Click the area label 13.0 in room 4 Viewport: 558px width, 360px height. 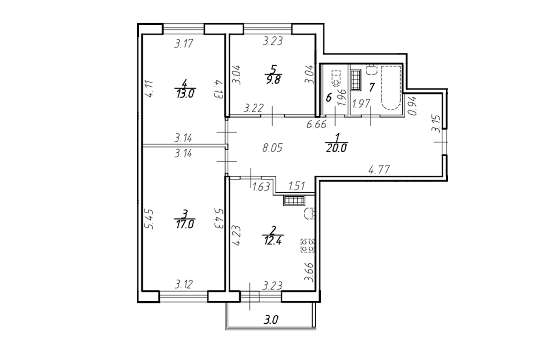pos(185,94)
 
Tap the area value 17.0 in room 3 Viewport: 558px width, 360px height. pos(185,225)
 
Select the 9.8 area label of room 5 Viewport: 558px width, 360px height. pos(273,80)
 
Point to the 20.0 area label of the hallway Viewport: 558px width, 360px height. pos(336,148)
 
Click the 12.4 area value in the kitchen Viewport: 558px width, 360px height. pos(273,241)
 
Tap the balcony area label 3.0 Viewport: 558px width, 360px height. pos(271,320)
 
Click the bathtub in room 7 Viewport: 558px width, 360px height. pos(391,87)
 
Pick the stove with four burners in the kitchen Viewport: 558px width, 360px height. pos(307,245)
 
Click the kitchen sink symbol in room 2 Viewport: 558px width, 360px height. pos(309,213)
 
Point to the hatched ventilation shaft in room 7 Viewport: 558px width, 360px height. pos(356,80)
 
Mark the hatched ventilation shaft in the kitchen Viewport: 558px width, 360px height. pos(294,201)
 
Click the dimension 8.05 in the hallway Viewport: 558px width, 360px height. pos(272,148)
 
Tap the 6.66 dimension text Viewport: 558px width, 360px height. pos(317,125)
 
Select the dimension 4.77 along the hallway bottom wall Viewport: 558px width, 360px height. pos(379,170)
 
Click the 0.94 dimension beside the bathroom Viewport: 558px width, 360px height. pos(412,106)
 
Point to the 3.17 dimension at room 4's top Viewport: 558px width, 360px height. pos(184,44)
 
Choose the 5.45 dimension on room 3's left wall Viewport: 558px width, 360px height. pos(149,219)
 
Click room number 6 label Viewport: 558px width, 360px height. pos(329,97)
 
